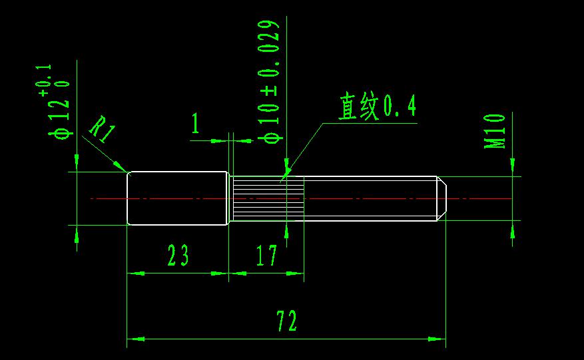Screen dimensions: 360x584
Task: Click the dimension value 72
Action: point(287,321)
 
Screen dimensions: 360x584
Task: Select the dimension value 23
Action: point(178,256)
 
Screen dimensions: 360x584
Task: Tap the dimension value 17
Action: point(266,256)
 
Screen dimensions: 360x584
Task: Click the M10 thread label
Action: point(495,130)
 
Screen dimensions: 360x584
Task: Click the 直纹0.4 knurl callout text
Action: point(377,106)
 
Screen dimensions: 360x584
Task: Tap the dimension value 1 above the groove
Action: point(195,123)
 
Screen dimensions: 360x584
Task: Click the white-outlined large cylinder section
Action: point(177,198)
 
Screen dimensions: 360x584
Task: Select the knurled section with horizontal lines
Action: point(266,198)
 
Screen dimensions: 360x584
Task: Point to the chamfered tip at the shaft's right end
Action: point(441,198)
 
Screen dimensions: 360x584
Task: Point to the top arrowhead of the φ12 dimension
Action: point(77,163)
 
